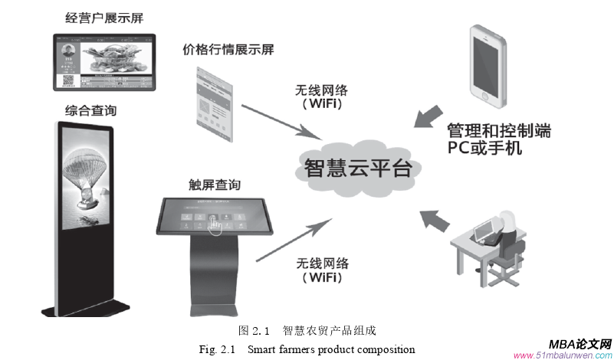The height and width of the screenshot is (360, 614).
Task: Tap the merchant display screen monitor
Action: coord(106,61)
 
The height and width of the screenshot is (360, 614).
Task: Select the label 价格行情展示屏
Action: coord(228,50)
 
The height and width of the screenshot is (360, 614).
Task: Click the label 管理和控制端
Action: coord(498,129)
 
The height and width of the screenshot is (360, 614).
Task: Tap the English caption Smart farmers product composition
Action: coord(307,349)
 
